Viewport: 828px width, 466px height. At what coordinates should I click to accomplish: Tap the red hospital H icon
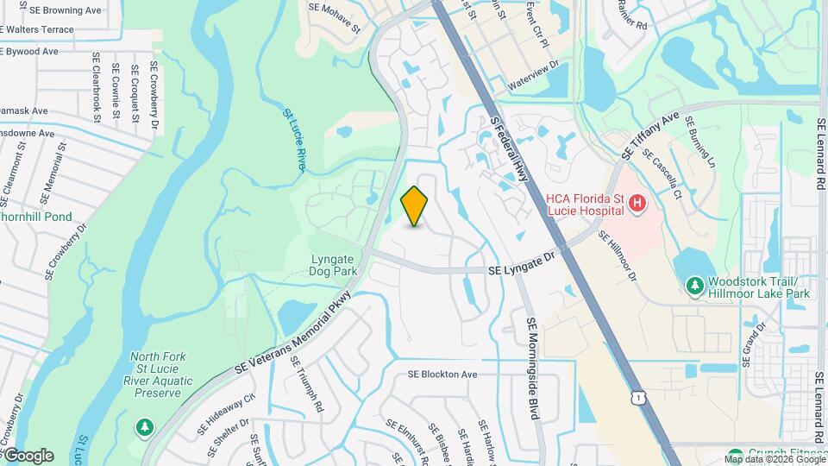click(x=637, y=204)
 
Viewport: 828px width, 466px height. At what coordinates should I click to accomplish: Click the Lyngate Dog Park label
click(x=333, y=264)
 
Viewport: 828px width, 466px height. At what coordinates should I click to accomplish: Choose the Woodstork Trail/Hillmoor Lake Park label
click(x=759, y=287)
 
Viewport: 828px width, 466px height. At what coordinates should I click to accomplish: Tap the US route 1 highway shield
click(x=637, y=396)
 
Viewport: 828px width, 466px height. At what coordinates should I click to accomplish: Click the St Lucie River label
click(x=295, y=138)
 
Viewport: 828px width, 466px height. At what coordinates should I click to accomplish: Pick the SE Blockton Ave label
click(x=442, y=375)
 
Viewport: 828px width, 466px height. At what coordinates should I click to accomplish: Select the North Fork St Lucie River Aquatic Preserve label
click(x=158, y=375)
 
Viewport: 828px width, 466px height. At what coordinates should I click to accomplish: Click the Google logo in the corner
click(x=28, y=455)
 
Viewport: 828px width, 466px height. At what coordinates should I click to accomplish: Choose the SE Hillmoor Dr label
click(x=618, y=258)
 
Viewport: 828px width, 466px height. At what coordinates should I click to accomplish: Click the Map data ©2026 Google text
click(x=775, y=458)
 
